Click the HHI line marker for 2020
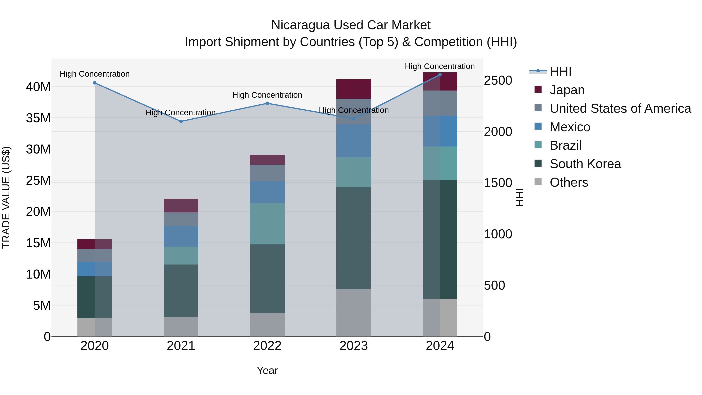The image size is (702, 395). [x=95, y=83]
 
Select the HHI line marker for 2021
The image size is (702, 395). [x=181, y=121]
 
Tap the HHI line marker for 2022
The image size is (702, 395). [x=267, y=103]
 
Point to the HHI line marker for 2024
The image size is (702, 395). [x=440, y=75]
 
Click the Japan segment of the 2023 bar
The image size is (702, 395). [x=354, y=89]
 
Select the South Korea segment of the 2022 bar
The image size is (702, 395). [x=267, y=279]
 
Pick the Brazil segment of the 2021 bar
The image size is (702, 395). [x=181, y=255]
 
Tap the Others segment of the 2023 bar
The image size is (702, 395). [x=354, y=313]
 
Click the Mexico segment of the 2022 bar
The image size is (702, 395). [x=267, y=192]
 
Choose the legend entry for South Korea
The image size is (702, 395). [x=585, y=164]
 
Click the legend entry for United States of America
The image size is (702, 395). [x=620, y=108]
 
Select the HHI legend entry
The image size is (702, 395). [x=560, y=71]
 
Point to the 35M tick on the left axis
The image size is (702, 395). [x=38, y=118]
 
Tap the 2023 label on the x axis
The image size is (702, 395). [x=354, y=346]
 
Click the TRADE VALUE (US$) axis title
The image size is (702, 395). [x=6, y=197]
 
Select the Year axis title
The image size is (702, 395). [x=267, y=370]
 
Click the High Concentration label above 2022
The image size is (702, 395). [x=267, y=95]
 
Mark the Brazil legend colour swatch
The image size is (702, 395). [x=538, y=145]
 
